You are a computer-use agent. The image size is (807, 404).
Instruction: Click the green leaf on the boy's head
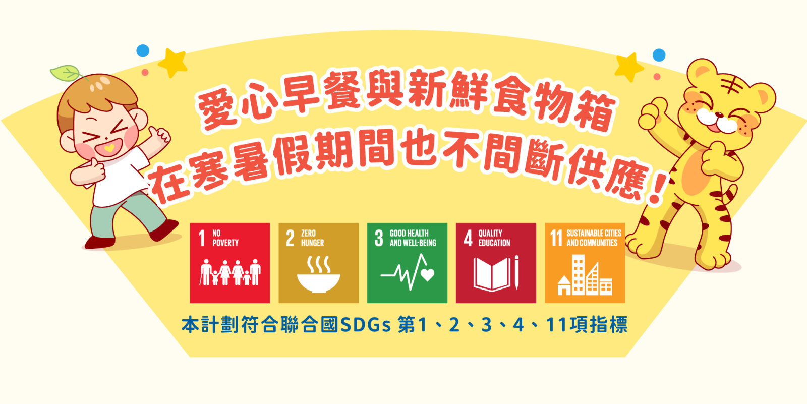[x=66, y=73]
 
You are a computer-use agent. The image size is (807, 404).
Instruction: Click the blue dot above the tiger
[x=659, y=55]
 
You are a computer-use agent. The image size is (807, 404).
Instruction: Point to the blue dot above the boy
[x=143, y=51]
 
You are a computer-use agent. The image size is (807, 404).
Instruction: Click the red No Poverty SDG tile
[x=230, y=263]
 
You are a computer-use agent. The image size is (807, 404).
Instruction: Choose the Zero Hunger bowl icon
[x=318, y=274]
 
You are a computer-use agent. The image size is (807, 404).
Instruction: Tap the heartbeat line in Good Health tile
[x=408, y=272]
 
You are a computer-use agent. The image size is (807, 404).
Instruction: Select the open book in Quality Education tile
[x=492, y=274]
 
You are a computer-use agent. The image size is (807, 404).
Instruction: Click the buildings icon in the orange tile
[x=585, y=275]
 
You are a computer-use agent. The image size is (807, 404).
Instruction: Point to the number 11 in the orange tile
[x=556, y=238]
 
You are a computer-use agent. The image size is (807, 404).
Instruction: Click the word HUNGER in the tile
[x=312, y=243]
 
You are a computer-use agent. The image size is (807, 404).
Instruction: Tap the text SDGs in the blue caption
[x=365, y=325]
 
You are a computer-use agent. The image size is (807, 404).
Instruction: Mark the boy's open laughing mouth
[x=109, y=148]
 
